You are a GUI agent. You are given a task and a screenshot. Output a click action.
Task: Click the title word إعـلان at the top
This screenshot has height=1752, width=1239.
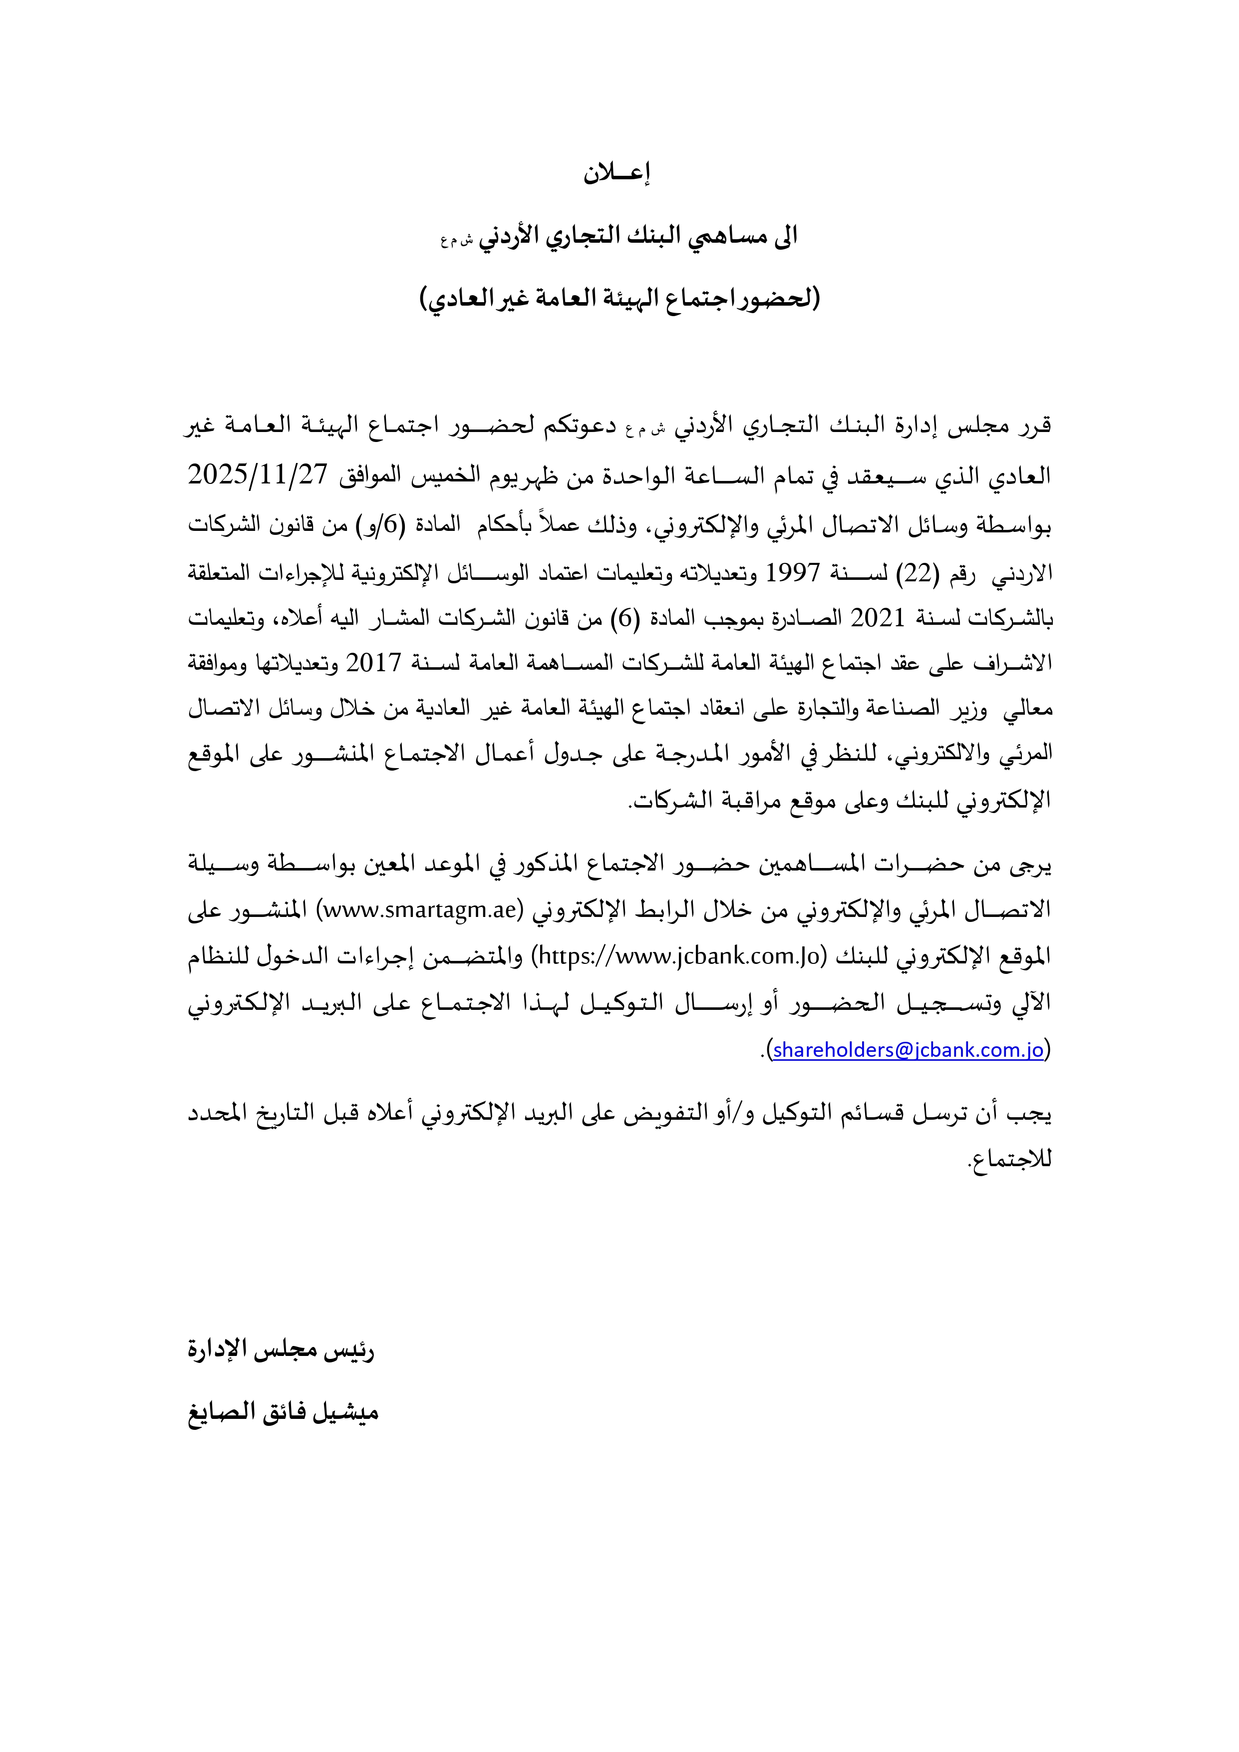(x=617, y=174)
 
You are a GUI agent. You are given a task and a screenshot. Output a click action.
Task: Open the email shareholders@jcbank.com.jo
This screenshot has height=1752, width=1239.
(x=908, y=1050)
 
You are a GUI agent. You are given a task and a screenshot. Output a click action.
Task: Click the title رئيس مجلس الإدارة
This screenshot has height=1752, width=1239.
(x=282, y=1349)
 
